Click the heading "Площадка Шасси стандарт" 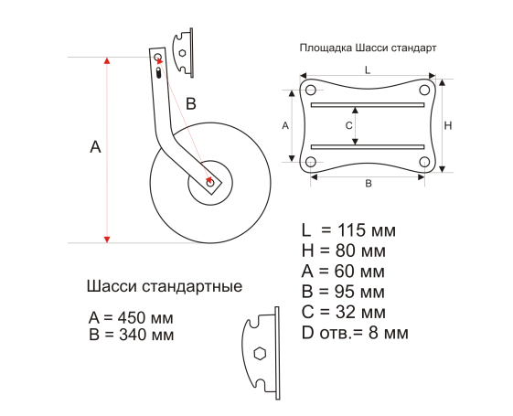point(369,48)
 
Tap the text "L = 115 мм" point(348,229)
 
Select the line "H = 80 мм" point(344,251)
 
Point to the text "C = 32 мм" point(344,312)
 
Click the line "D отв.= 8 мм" point(355,333)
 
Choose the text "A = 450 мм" point(131,317)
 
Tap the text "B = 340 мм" point(131,335)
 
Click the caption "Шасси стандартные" point(165,286)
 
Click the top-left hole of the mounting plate point(311,90)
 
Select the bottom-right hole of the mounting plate point(424,162)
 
